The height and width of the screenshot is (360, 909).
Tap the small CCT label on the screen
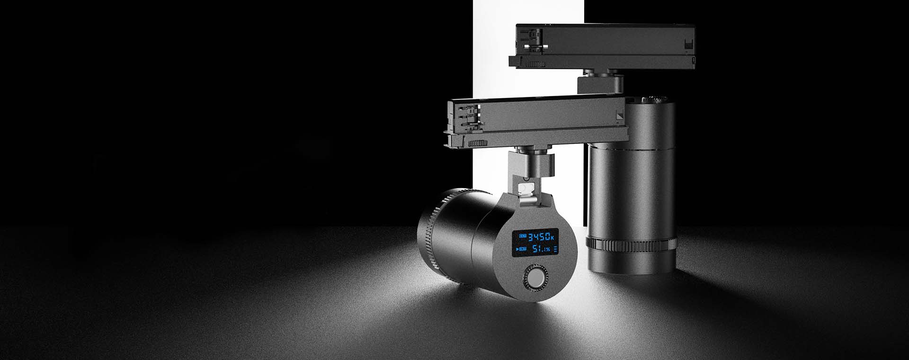point(523,235)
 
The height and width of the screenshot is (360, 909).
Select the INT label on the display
point(523,249)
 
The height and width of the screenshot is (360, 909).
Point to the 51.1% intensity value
point(541,249)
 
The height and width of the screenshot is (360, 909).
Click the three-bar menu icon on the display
point(556,249)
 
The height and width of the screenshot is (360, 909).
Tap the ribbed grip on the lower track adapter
point(477,143)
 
